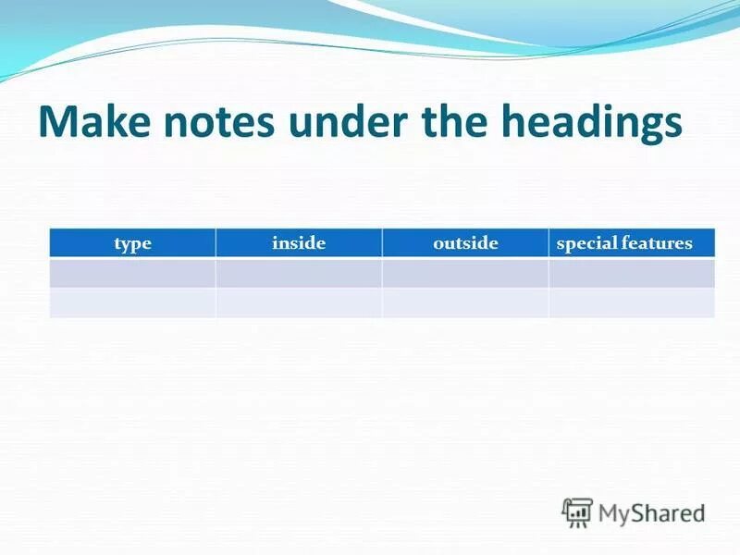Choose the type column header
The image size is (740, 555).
132,243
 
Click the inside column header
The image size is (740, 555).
299,243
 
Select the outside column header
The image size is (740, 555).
465,243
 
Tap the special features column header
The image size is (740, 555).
624,243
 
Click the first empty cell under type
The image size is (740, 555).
132,273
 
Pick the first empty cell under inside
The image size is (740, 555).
299,273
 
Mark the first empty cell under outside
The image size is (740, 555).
465,273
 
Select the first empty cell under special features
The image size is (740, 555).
632,273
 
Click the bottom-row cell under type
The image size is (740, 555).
132,302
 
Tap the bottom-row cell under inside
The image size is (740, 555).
299,302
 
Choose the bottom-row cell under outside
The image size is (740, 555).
465,302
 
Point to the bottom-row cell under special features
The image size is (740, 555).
632,302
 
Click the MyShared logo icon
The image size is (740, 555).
577,512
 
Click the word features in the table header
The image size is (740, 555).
658,243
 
